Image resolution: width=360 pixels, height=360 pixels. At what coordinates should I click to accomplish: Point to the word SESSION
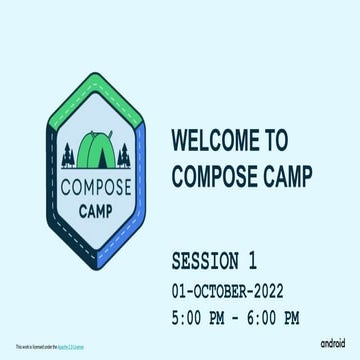click(205, 263)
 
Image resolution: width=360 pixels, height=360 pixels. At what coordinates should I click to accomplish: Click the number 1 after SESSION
click(251, 263)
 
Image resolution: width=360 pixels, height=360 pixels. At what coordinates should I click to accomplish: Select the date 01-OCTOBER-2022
click(229, 292)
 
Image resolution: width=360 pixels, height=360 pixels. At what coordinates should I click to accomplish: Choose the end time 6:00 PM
click(267, 319)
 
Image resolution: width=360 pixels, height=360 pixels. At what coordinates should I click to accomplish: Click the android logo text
click(336, 343)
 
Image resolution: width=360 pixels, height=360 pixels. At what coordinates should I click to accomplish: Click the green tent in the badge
click(94, 150)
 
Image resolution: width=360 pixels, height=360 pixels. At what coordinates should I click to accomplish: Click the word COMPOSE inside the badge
click(95, 187)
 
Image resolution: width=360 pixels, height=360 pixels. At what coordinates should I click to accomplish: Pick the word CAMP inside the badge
click(95, 210)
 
